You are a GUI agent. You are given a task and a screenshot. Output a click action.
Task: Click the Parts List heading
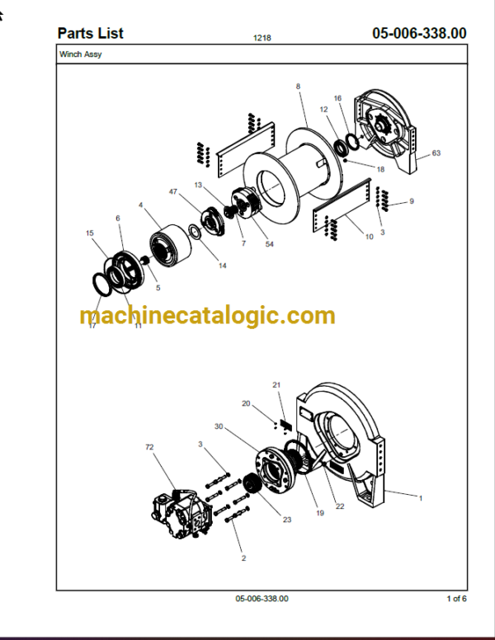click(x=90, y=34)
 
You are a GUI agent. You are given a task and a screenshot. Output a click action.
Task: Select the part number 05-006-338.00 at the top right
click(x=419, y=34)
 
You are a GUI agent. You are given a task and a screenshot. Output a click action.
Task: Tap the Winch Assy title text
click(x=81, y=54)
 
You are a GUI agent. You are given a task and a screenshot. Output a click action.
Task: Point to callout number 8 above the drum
click(x=298, y=87)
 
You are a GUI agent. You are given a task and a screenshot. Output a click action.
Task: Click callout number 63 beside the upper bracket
click(x=436, y=153)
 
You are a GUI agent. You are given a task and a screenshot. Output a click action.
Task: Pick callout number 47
click(x=173, y=191)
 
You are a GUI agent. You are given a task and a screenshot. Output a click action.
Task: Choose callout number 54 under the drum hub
click(x=270, y=244)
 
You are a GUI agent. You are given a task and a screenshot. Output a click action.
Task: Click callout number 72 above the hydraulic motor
click(x=149, y=447)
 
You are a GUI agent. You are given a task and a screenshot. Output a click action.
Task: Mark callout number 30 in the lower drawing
click(x=219, y=426)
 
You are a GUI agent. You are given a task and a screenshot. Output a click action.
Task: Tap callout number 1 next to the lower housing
click(x=421, y=498)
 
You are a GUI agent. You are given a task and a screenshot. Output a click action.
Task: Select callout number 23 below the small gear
click(x=287, y=520)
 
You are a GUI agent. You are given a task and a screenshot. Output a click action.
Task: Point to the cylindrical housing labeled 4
click(x=170, y=246)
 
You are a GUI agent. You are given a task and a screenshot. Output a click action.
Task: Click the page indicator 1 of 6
click(x=456, y=599)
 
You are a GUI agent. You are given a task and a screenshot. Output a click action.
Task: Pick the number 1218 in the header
click(x=262, y=38)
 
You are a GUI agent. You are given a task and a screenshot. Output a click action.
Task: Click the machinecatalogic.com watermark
click(x=207, y=316)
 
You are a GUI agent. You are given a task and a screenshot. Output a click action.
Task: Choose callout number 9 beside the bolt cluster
click(x=412, y=201)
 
